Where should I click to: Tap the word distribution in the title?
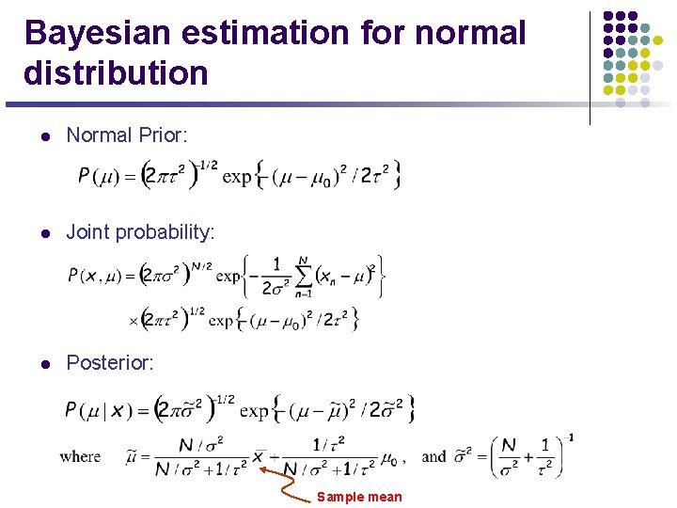[x=116, y=72]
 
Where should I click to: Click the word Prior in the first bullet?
[x=164, y=135]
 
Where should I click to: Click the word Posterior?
[x=110, y=363]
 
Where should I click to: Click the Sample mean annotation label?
[x=359, y=497]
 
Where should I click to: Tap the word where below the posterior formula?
[x=80, y=457]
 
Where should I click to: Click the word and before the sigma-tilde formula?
[x=433, y=457]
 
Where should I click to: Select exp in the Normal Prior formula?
[x=236, y=176]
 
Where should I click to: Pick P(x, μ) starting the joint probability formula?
[x=100, y=276]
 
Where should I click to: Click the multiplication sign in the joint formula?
[x=133, y=321]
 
